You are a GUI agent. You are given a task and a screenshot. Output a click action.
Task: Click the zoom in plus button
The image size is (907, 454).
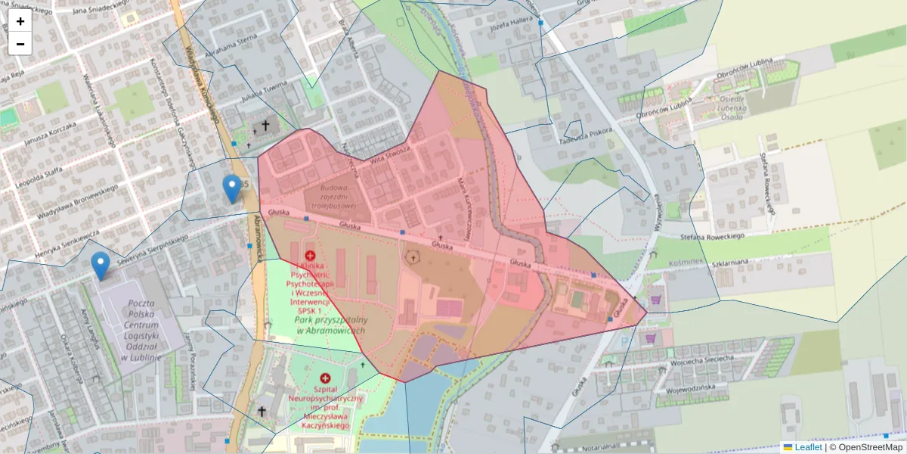tap(20, 21)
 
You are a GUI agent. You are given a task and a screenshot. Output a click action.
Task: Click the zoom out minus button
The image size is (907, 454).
tap(20, 44)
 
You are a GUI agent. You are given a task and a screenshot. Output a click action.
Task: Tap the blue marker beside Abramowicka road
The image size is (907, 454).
tap(232, 188)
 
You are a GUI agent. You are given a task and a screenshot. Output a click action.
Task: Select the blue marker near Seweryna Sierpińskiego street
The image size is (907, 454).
tap(100, 265)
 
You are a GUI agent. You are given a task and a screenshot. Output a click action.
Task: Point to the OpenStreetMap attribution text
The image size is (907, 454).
tap(870, 447)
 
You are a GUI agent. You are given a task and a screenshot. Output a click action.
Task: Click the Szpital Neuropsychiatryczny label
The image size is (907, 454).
tap(325, 409)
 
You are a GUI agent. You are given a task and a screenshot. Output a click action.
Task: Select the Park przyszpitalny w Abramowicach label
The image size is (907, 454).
tap(330, 325)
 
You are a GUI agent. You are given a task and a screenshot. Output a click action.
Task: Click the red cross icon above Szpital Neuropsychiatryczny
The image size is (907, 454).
tap(326, 378)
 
